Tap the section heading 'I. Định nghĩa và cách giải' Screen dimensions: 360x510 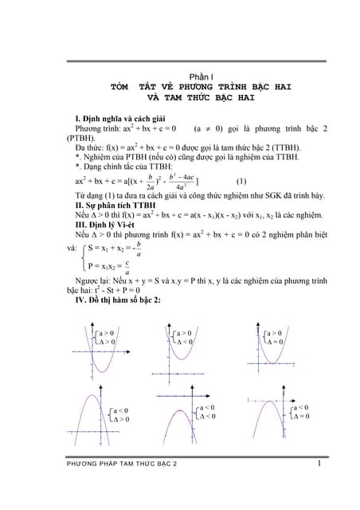[x=120, y=118]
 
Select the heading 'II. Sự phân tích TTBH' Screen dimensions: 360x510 [x=116, y=205]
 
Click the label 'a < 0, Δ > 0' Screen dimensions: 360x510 [x=120, y=414]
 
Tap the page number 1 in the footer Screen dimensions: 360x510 [x=317, y=462]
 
